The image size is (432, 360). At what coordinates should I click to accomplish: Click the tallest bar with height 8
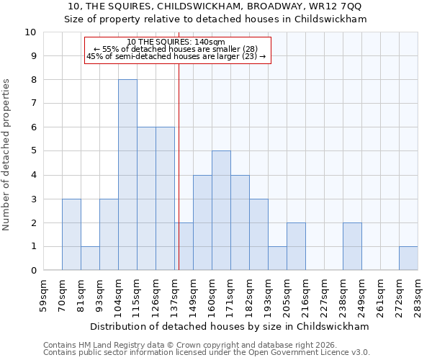(127, 175)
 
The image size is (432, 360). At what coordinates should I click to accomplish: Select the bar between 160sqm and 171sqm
(221, 210)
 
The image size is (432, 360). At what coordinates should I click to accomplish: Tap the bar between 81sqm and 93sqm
(90, 258)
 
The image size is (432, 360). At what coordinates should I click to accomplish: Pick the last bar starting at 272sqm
(408, 258)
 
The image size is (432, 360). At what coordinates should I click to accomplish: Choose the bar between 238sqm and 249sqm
(352, 246)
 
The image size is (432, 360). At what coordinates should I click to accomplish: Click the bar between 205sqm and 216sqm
(296, 246)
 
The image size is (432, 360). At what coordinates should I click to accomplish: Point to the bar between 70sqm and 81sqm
(71, 235)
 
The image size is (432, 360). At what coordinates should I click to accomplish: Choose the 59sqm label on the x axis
(44, 293)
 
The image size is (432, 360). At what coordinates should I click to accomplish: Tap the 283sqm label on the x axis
(418, 293)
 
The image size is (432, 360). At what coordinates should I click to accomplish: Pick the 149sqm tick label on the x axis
(194, 293)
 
